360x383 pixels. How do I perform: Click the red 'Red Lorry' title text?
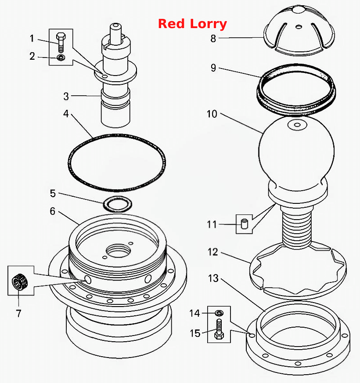(192, 24)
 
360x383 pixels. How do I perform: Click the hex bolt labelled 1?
(61, 42)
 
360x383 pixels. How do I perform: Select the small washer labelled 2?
(61, 58)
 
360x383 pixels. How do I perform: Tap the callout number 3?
(66, 96)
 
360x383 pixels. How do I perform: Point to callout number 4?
(66, 114)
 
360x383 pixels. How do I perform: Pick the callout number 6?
(53, 211)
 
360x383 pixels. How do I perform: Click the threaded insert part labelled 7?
(20, 282)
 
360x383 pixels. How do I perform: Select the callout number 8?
(213, 38)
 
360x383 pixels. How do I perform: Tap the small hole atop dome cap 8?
(299, 26)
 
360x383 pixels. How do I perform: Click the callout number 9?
(213, 68)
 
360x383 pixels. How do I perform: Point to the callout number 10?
(212, 114)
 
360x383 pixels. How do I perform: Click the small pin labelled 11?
(244, 224)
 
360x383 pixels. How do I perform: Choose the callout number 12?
(212, 252)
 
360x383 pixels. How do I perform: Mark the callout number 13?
(213, 278)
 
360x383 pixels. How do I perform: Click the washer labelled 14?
(219, 313)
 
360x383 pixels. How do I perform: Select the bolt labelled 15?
(219, 329)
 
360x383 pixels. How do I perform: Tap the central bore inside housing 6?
(118, 251)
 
